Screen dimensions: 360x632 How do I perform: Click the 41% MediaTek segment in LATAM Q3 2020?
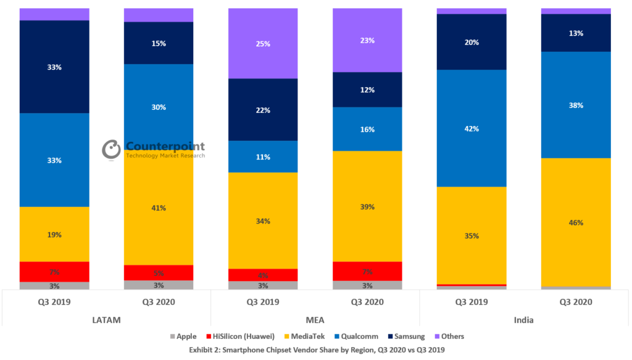[x=159, y=208]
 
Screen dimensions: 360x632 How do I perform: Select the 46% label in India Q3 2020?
[x=576, y=222]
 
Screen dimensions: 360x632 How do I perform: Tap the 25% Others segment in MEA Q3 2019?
[x=263, y=44]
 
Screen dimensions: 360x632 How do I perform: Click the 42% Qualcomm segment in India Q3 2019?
[x=472, y=128]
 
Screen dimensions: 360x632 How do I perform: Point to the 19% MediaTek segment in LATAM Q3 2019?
[x=54, y=235]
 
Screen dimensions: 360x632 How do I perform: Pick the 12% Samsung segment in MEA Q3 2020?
[x=367, y=90]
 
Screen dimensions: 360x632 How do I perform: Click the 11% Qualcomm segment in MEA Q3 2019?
[x=263, y=157]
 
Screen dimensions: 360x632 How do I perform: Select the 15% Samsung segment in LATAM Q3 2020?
[x=159, y=43]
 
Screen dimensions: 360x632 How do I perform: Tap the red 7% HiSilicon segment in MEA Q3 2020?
[x=367, y=271]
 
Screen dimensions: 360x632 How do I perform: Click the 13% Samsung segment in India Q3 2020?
[x=576, y=33]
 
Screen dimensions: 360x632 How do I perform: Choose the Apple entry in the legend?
[x=183, y=337]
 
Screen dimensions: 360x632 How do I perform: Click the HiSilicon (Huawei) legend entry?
[x=241, y=337]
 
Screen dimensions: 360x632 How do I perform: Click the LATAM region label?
[x=106, y=320]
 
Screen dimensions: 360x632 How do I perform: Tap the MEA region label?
[x=315, y=320]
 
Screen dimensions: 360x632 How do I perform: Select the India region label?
[x=524, y=320]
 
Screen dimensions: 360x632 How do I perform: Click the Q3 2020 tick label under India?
[x=576, y=302]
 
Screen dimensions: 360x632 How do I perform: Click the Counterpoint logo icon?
[x=112, y=149]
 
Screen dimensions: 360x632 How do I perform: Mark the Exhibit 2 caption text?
[x=315, y=350]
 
